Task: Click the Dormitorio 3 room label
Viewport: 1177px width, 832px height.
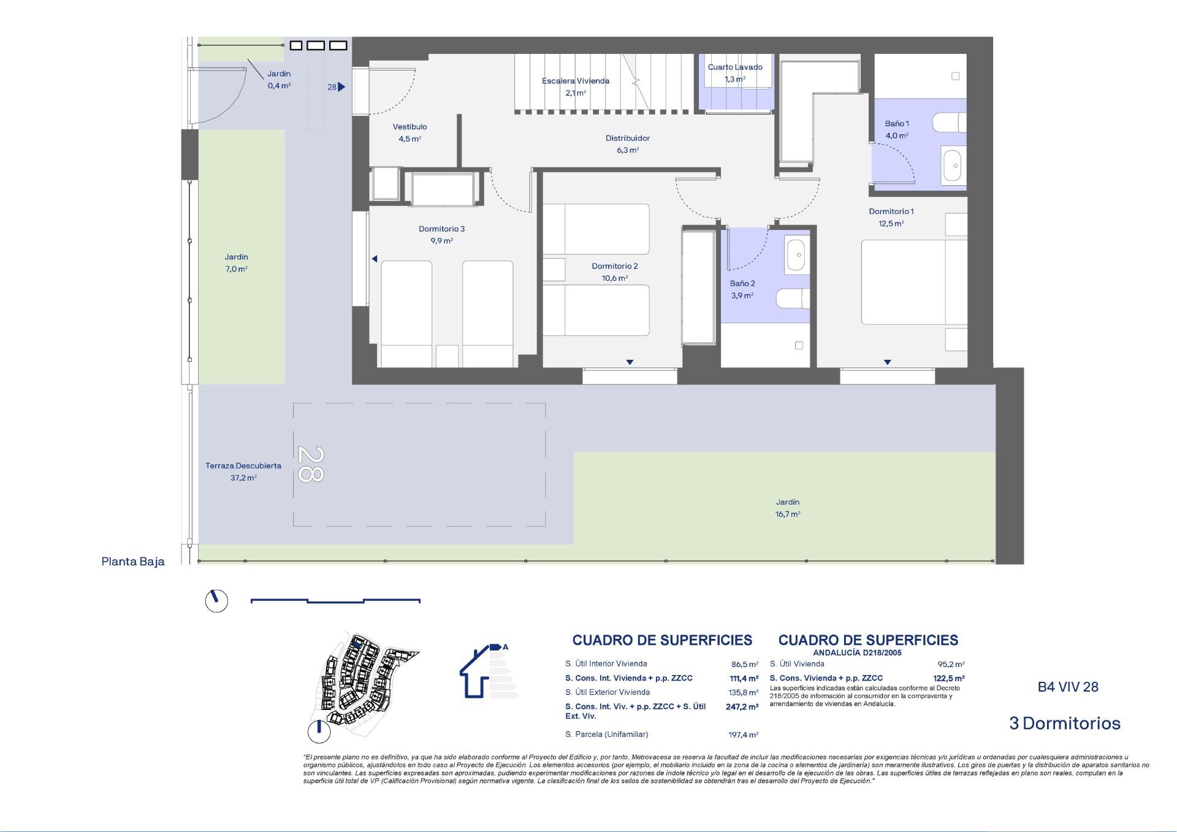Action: (x=441, y=234)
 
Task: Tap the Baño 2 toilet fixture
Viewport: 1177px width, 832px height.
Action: (x=793, y=299)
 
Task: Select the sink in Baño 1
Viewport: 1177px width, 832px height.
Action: (x=953, y=165)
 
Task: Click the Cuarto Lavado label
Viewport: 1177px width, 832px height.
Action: (x=735, y=72)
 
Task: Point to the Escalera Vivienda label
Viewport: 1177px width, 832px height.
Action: (x=575, y=86)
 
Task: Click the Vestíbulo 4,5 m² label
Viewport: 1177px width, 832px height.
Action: (x=409, y=132)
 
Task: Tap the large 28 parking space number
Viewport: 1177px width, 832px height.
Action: (x=310, y=464)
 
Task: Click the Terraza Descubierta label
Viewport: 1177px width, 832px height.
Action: (x=243, y=471)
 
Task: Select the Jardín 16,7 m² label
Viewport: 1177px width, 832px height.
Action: (x=787, y=508)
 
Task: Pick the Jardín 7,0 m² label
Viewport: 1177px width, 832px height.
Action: (x=236, y=262)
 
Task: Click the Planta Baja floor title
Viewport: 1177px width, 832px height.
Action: (x=132, y=561)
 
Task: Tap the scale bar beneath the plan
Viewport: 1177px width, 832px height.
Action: (x=335, y=601)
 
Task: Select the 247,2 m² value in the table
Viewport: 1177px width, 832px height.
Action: (x=742, y=706)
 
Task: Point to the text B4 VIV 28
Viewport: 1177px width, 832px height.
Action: (x=1067, y=687)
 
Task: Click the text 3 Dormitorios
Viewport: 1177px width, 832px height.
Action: (x=1064, y=723)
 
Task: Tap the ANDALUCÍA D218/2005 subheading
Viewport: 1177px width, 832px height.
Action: (x=856, y=653)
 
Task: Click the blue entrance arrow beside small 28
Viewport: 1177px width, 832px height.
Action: (x=341, y=87)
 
